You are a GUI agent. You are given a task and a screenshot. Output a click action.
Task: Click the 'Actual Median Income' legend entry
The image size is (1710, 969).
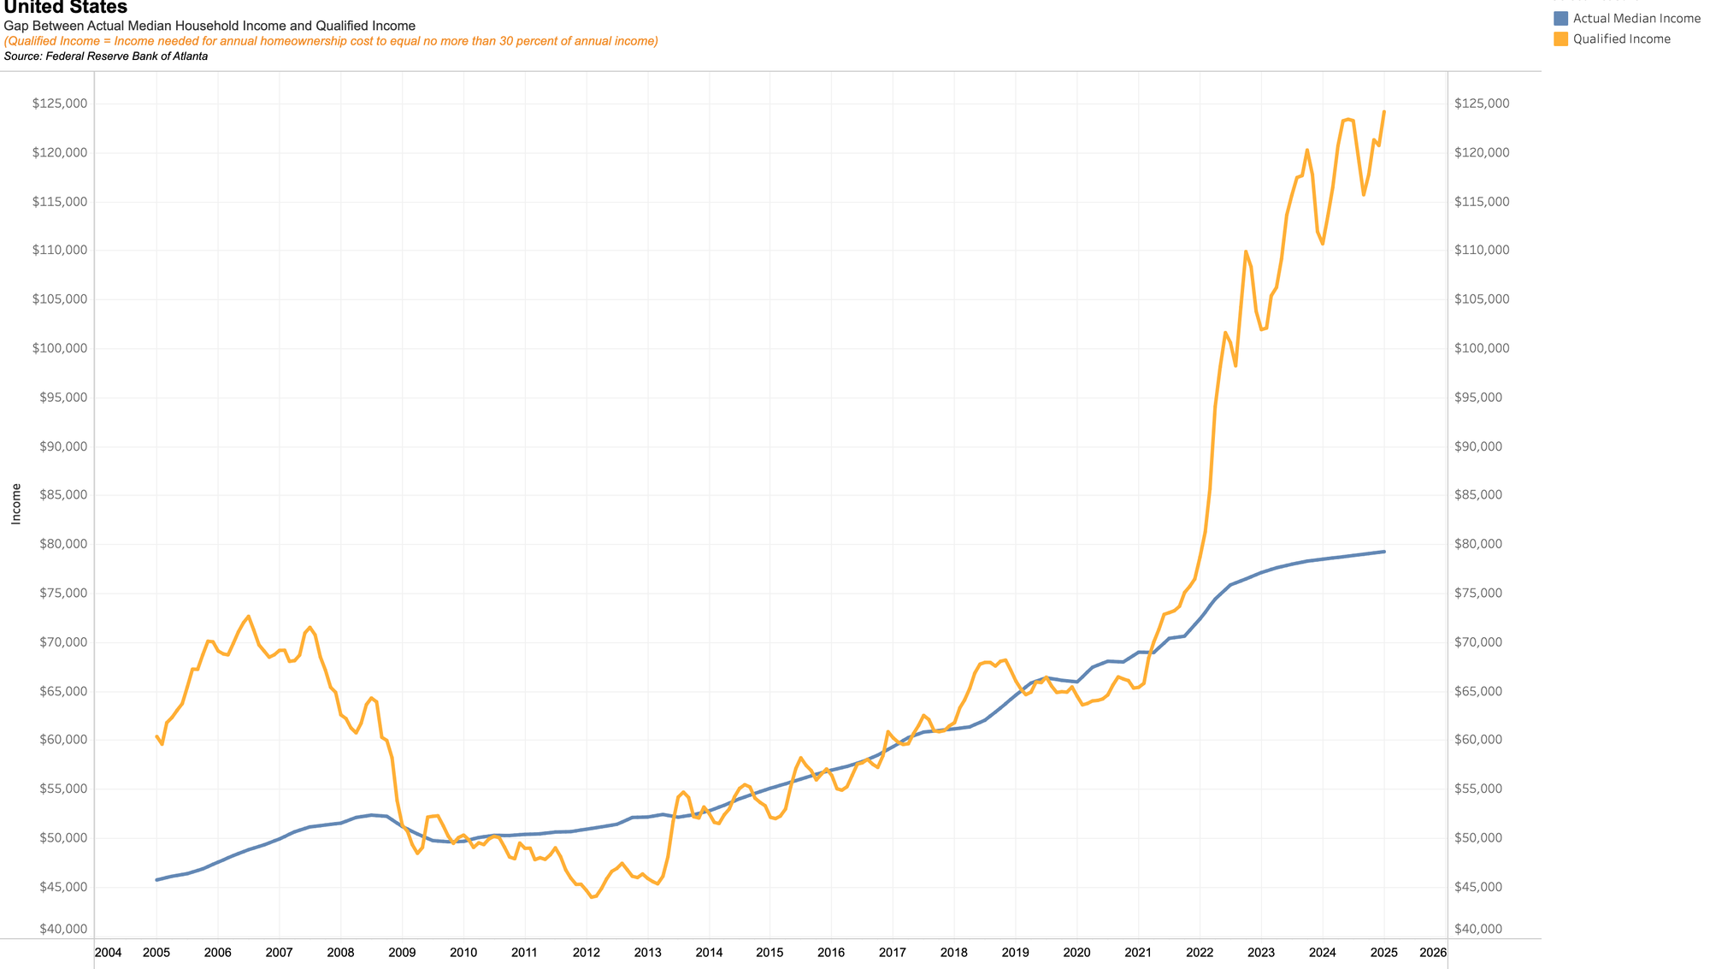(x=1636, y=18)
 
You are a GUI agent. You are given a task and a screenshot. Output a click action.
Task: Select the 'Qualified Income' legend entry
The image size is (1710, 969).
(x=1621, y=38)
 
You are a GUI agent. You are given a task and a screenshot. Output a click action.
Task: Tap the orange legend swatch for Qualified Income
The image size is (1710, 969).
(x=1561, y=38)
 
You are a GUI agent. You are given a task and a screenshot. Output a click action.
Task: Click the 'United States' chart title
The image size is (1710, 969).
(x=66, y=8)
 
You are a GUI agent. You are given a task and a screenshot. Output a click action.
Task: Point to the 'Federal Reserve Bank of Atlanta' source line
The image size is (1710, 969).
(x=106, y=56)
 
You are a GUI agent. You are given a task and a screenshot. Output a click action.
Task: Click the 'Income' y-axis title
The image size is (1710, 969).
(x=16, y=504)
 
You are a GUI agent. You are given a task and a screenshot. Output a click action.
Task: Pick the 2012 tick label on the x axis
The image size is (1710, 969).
(x=586, y=952)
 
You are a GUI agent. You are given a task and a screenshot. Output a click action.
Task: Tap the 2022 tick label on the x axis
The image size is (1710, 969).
(x=1200, y=952)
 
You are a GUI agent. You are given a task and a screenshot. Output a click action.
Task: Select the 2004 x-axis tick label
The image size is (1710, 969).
(x=108, y=952)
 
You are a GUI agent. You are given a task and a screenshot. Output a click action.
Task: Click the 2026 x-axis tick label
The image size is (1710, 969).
(x=1433, y=952)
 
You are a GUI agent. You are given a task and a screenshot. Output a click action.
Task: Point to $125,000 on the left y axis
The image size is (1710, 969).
(x=60, y=103)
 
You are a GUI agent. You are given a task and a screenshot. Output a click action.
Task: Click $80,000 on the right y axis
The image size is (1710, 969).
(x=1482, y=544)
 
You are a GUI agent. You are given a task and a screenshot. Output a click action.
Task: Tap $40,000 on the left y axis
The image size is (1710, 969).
(x=60, y=929)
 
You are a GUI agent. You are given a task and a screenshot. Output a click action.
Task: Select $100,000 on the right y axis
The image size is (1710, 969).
(x=1482, y=348)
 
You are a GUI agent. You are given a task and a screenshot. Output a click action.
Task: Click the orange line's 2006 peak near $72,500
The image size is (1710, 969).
(x=248, y=616)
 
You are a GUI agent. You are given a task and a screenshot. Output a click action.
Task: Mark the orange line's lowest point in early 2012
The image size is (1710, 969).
(x=592, y=897)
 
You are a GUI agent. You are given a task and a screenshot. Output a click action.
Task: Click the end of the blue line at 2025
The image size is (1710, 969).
(x=1384, y=552)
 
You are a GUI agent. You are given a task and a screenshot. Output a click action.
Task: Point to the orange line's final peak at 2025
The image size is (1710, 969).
(x=1384, y=111)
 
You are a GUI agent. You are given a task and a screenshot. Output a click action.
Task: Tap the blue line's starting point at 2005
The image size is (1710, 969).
(x=156, y=879)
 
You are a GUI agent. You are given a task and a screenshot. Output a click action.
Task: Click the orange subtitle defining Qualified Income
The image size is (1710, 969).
(x=331, y=41)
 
